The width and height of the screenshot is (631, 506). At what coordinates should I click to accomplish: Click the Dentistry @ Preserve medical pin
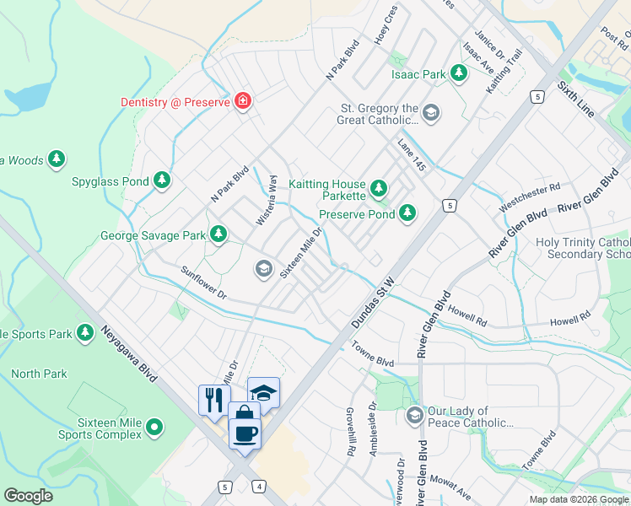click(x=243, y=101)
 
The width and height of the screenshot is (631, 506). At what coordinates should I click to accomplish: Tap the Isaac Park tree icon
click(x=459, y=74)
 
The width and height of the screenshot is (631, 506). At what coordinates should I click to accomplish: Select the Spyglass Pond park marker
click(x=162, y=180)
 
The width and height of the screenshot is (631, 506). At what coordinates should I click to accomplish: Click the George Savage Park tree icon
click(x=218, y=234)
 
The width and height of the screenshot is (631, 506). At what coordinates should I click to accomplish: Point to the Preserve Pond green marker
click(x=407, y=213)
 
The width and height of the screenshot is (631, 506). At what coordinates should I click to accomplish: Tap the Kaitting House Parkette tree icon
click(x=379, y=186)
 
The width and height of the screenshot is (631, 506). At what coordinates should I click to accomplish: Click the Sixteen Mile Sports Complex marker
click(x=154, y=428)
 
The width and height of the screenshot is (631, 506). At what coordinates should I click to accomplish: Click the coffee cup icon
click(x=245, y=434)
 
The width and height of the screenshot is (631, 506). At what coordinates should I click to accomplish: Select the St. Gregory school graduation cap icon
click(x=431, y=113)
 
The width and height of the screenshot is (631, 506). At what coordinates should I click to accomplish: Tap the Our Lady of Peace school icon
click(x=414, y=416)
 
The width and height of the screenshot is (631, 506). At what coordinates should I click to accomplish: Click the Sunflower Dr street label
click(x=204, y=283)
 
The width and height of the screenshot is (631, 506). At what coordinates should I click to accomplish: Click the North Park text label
click(x=39, y=374)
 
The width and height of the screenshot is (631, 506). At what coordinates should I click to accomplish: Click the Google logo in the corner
click(x=29, y=496)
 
